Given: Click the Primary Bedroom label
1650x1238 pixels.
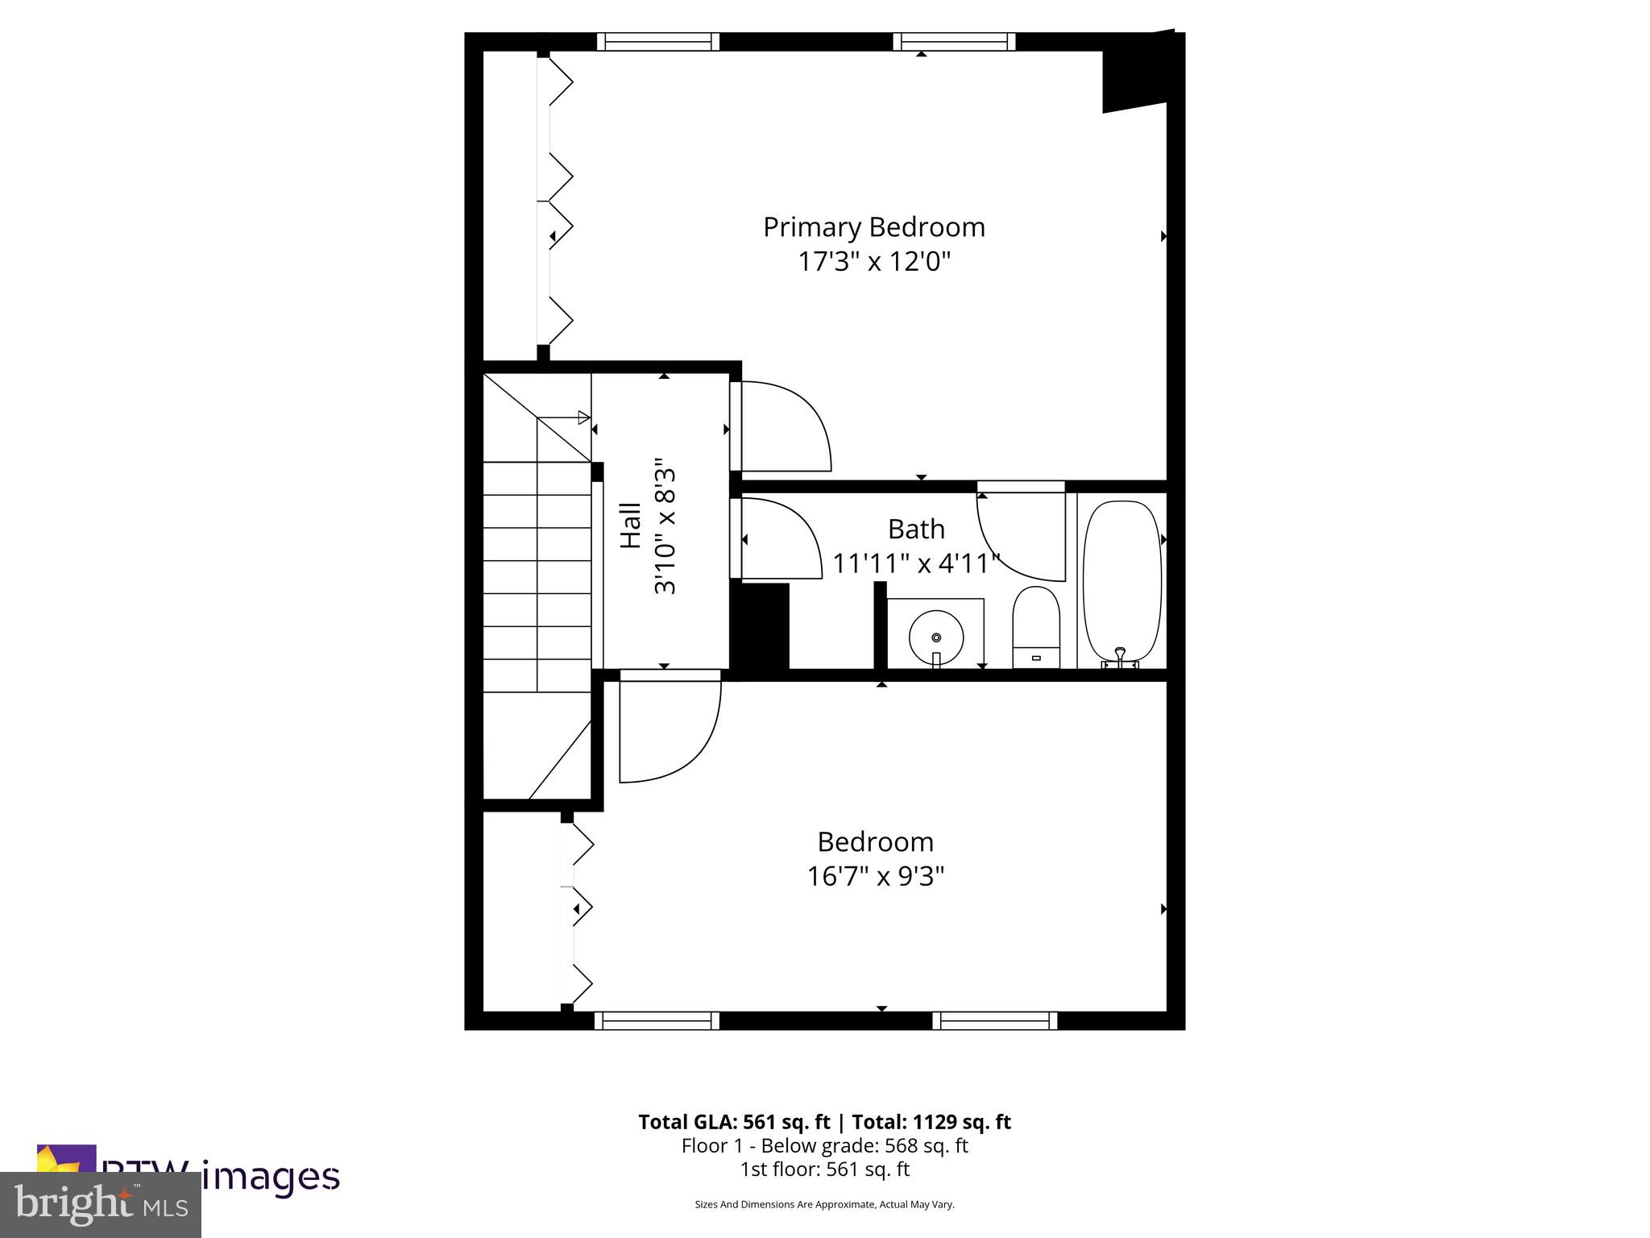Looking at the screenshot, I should coord(873,227).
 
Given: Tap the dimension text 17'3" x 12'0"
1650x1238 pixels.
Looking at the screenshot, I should coord(874,262).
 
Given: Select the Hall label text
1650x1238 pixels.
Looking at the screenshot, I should coord(630,526).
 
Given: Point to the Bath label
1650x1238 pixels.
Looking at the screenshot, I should coord(916,530).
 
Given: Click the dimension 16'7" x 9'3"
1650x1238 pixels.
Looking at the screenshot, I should coord(875,876).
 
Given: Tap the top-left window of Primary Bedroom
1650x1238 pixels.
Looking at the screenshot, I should coord(657,41).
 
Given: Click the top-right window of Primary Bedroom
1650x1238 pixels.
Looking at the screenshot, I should coord(954,41).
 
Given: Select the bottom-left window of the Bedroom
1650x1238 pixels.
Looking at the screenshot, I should coord(657,1020).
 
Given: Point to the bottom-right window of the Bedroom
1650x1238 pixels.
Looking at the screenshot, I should coord(995,1020).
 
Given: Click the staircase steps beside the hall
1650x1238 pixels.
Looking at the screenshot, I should coord(537,576).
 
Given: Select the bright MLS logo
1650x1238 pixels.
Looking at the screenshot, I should coord(100,1204).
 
